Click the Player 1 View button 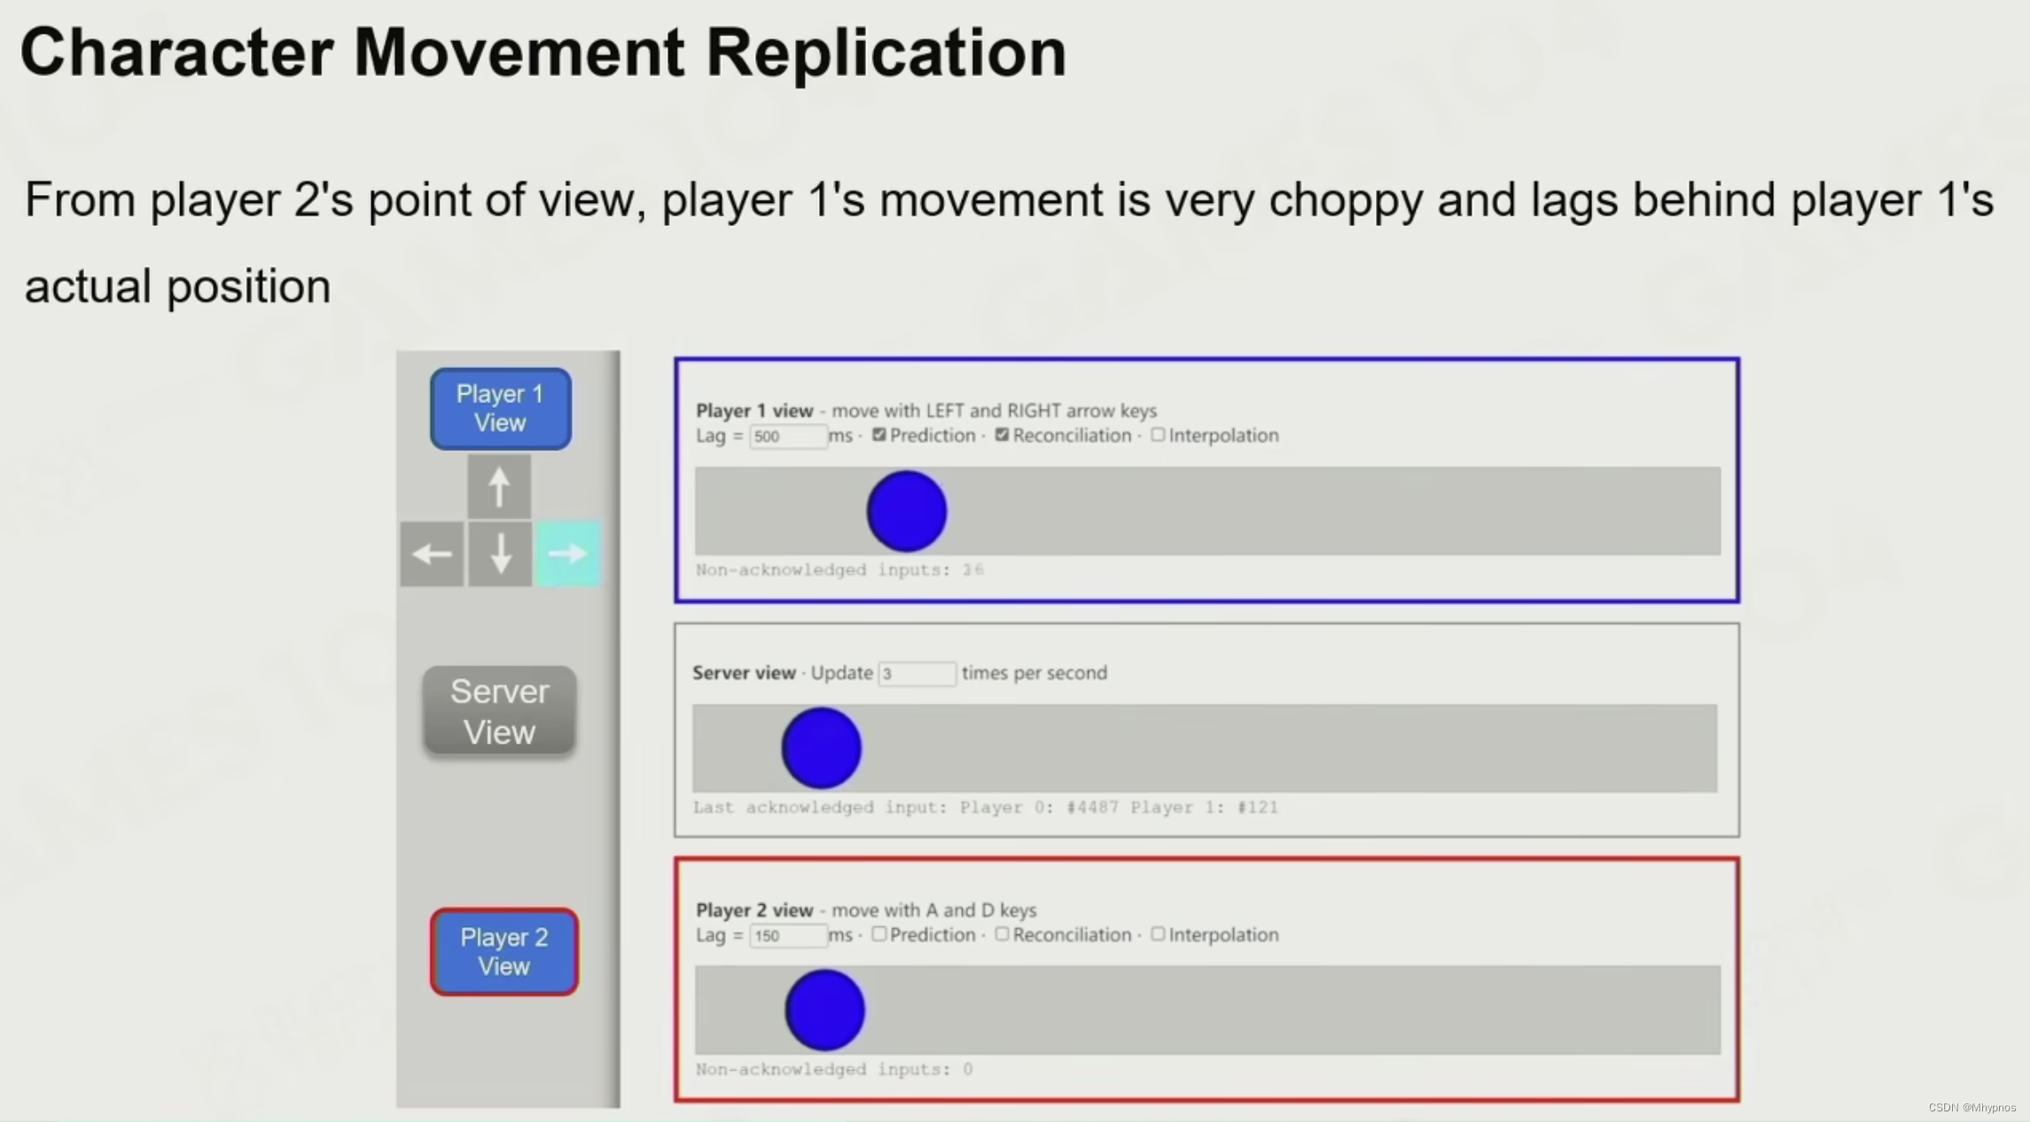500,409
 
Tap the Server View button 499,711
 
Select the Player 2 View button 504,952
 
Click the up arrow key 499,487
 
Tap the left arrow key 432,555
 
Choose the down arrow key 500,555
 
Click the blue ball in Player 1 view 906,511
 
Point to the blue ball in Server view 821,748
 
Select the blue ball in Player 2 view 824,1010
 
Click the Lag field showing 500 787,436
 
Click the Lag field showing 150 787,936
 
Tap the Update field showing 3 917,674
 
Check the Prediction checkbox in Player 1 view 878,435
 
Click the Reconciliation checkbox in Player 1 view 1002,435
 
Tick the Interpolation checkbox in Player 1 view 1158,435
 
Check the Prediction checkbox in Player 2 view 878,934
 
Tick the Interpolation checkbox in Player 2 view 1158,934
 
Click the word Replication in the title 886,53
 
